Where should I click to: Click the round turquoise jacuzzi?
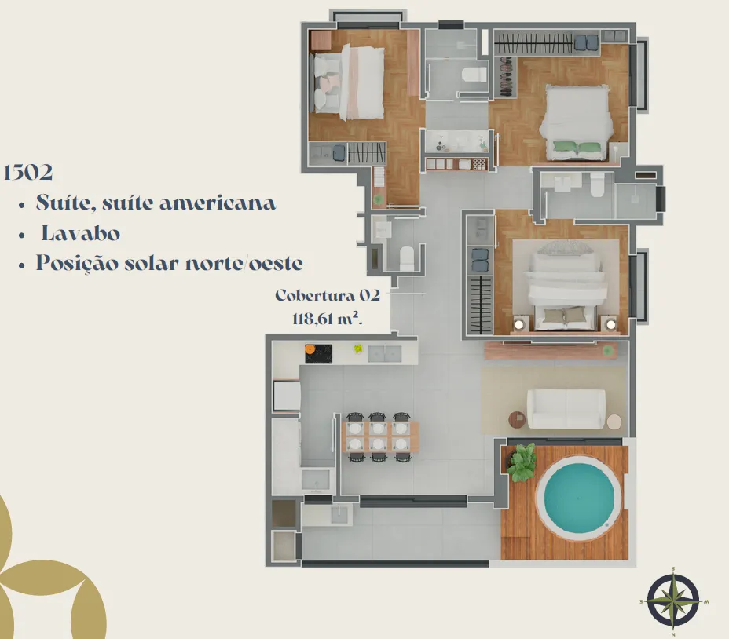coord(578,495)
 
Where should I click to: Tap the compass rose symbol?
coord(673,601)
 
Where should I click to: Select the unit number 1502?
coord(28,172)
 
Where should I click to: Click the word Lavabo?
coord(80,233)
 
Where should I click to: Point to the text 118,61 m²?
coord(328,319)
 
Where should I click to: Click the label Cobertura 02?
coord(328,295)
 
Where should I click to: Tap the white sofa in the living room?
coord(566,409)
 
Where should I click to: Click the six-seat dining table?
coord(379,436)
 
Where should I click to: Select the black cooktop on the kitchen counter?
coord(318,354)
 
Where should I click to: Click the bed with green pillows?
coord(576,122)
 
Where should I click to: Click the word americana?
coord(218,203)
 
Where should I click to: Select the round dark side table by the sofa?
coord(517,420)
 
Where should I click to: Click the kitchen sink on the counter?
coord(384,354)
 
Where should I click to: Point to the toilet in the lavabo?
coord(407,258)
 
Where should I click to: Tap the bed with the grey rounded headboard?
coord(566,285)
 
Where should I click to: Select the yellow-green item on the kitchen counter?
coord(358,348)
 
